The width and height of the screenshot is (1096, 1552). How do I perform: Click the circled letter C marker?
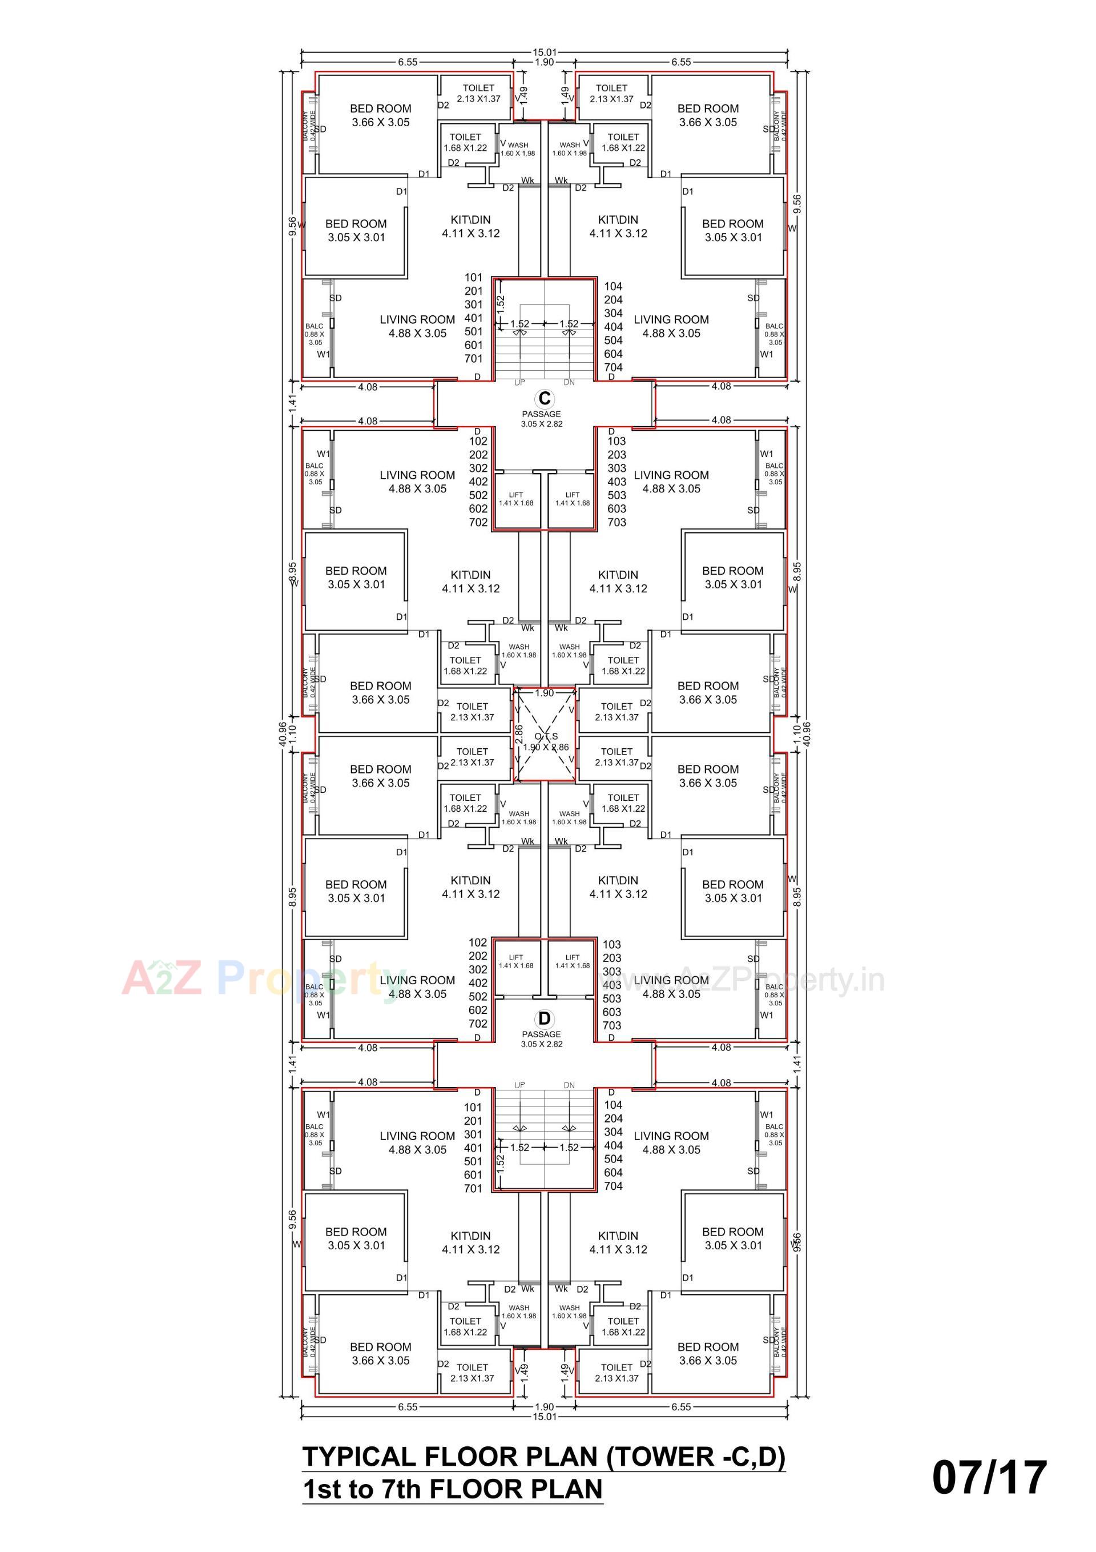(545, 399)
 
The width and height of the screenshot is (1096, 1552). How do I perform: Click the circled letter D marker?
(545, 1018)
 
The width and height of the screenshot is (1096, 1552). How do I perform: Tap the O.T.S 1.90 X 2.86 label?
(546, 741)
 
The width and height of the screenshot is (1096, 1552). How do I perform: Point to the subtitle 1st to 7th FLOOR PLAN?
(452, 1490)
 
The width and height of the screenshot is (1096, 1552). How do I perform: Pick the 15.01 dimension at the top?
(545, 52)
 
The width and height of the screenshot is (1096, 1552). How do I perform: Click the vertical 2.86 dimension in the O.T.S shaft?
(519, 734)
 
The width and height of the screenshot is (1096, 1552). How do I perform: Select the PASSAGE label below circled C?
(541, 414)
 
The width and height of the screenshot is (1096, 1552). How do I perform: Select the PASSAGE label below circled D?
(541, 1034)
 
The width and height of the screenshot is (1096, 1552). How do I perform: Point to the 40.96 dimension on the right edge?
(807, 731)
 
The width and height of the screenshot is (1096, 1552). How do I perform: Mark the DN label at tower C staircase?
(569, 383)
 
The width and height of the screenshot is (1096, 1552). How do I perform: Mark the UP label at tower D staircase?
(519, 1085)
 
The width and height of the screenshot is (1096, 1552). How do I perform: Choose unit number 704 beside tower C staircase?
(613, 368)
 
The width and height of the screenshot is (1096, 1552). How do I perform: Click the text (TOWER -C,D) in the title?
(696, 1457)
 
